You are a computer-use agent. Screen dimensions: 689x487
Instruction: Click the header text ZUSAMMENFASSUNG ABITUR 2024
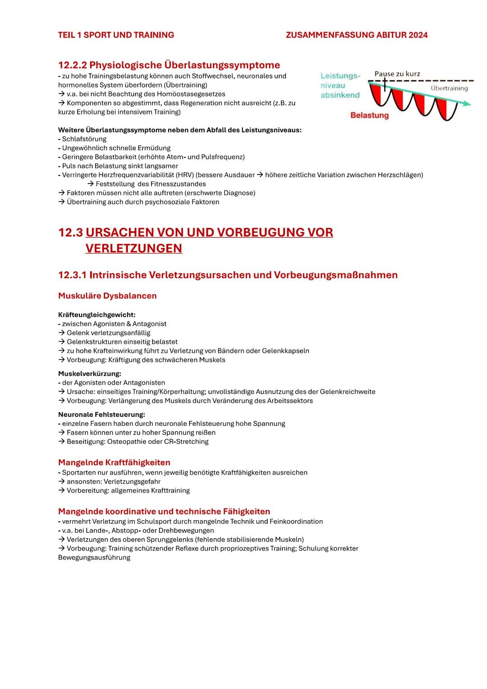coord(356,35)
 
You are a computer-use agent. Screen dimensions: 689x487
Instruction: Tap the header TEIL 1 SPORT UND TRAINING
coord(116,35)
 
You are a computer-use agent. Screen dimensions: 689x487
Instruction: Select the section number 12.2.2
coord(72,65)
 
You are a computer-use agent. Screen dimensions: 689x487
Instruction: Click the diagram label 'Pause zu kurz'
coord(397,74)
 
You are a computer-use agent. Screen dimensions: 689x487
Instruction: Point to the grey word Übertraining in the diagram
coord(449,88)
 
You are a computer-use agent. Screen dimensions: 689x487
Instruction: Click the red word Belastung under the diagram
coord(369,116)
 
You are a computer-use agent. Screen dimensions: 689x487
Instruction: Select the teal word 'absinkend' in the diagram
coord(340,95)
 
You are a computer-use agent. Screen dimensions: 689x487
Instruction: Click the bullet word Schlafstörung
coord(84,139)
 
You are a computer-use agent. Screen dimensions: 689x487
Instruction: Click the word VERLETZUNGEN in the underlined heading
coord(133,248)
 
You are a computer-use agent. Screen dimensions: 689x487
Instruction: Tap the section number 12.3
coord(70,233)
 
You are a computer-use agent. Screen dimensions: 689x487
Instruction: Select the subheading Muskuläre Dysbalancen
coord(107,296)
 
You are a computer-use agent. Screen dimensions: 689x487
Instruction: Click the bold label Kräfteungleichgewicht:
coord(96,314)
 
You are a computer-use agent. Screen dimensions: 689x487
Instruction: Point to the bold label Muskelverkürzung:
coord(89,374)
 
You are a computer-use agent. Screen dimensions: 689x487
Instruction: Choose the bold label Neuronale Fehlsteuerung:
coord(101,414)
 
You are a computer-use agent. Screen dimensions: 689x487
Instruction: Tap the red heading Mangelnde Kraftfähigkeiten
coord(114,462)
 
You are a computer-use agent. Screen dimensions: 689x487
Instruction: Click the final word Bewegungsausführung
coord(94,558)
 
